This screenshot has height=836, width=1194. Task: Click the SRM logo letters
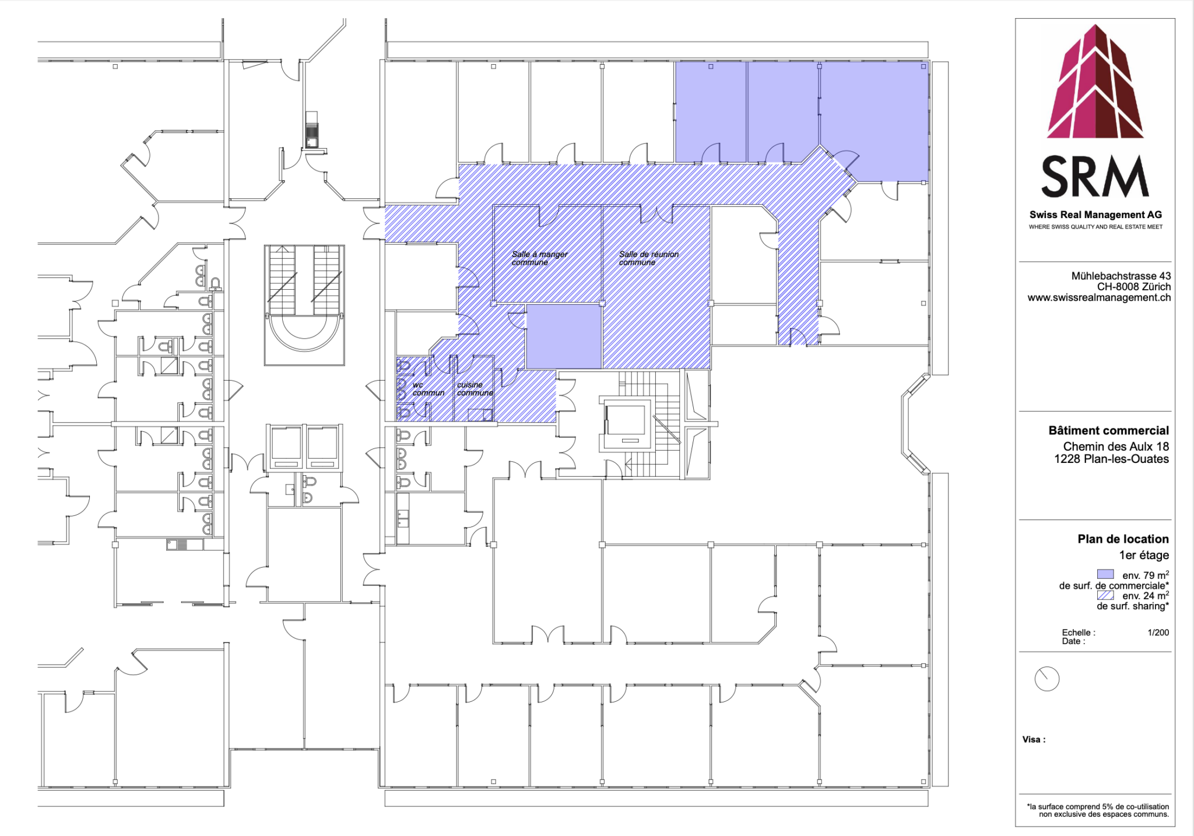click(x=1095, y=177)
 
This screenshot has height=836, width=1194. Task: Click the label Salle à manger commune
click(x=539, y=258)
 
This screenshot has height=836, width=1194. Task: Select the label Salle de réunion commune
click(x=648, y=258)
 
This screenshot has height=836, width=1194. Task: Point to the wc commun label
click(x=427, y=389)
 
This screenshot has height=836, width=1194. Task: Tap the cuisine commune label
click(x=475, y=389)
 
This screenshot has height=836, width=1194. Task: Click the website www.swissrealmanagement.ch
click(x=1098, y=298)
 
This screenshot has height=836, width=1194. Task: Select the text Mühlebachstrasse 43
click(x=1121, y=276)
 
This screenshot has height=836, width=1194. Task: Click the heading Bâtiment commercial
click(x=1108, y=431)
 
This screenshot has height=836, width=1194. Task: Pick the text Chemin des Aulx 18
click(x=1115, y=447)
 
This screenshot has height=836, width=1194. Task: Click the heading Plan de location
click(x=1123, y=539)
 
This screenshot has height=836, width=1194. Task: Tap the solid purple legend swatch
click(x=1105, y=574)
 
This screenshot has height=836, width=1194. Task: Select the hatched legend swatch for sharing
click(x=1105, y=595)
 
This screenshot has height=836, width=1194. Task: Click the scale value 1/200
click(x=1158, y=633)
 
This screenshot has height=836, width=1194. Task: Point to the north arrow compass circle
click(x=1046, y=679)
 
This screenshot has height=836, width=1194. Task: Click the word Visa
click(x=1033, y=740)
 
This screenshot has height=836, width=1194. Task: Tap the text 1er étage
click(x=1144, y=556)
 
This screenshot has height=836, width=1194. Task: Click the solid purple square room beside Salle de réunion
click(x=564, y=336)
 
